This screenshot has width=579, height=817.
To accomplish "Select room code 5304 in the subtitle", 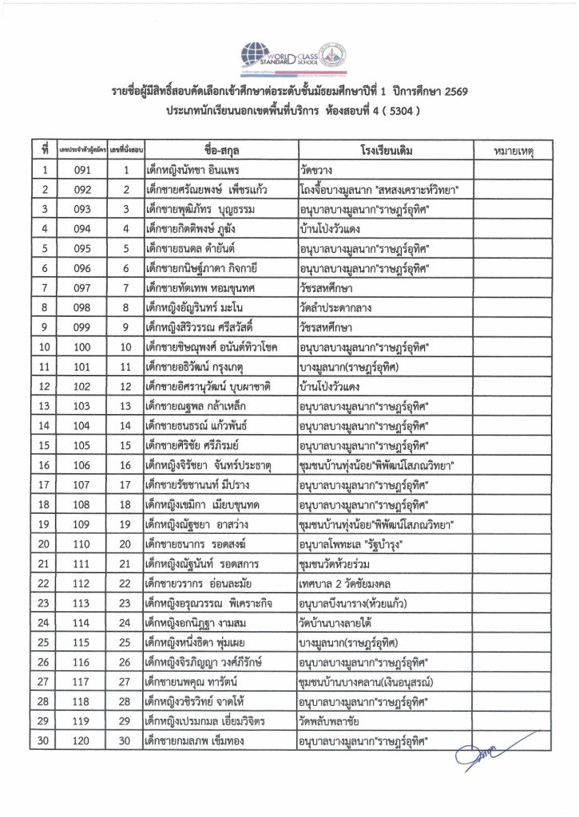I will (x=390, y=112).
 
